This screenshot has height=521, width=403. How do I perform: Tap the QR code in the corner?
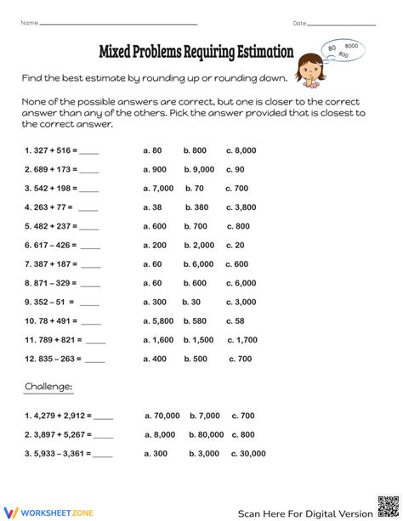point(387,505)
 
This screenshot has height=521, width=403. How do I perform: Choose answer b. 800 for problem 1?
point(194,150)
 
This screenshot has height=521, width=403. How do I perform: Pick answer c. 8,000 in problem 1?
point(241,150)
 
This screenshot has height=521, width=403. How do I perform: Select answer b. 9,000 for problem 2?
point(199,169)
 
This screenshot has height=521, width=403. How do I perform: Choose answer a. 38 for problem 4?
point(152,207)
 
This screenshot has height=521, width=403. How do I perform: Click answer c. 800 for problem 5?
point(238,226)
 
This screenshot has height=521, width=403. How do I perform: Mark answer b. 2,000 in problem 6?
point(198,245)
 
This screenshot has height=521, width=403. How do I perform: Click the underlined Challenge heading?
point(48,386)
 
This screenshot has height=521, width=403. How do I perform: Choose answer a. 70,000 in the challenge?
point(162,416)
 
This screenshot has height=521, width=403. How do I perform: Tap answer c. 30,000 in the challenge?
point(247,454)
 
